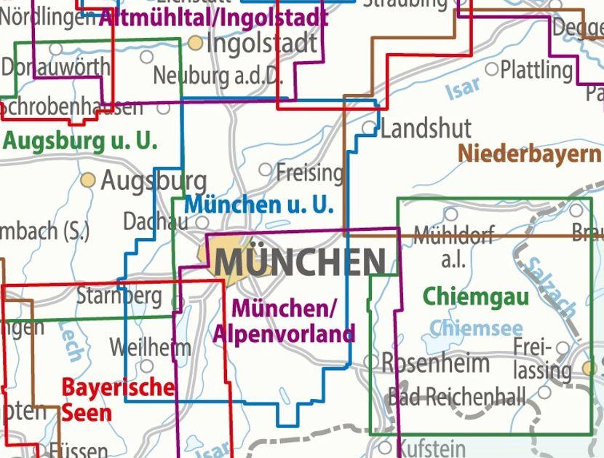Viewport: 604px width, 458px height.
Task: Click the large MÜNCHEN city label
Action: [x=300, y=261]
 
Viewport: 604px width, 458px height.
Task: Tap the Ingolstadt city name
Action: [x=262, y=43]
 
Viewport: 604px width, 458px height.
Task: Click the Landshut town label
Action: [x=426, y=130]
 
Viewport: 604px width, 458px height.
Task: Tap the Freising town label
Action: [x=309, y=173]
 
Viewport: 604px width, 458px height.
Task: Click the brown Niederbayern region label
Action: [x=530, y=154]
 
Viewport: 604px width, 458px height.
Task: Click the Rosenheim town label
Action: [x=435, y=362]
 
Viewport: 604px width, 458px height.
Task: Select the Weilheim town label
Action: [x=149, y=347]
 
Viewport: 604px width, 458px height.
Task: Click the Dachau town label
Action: [x=155, y=220]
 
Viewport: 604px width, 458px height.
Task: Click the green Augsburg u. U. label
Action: [x=80, y=141]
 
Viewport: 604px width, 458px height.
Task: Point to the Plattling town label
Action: [x=537, y=70]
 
